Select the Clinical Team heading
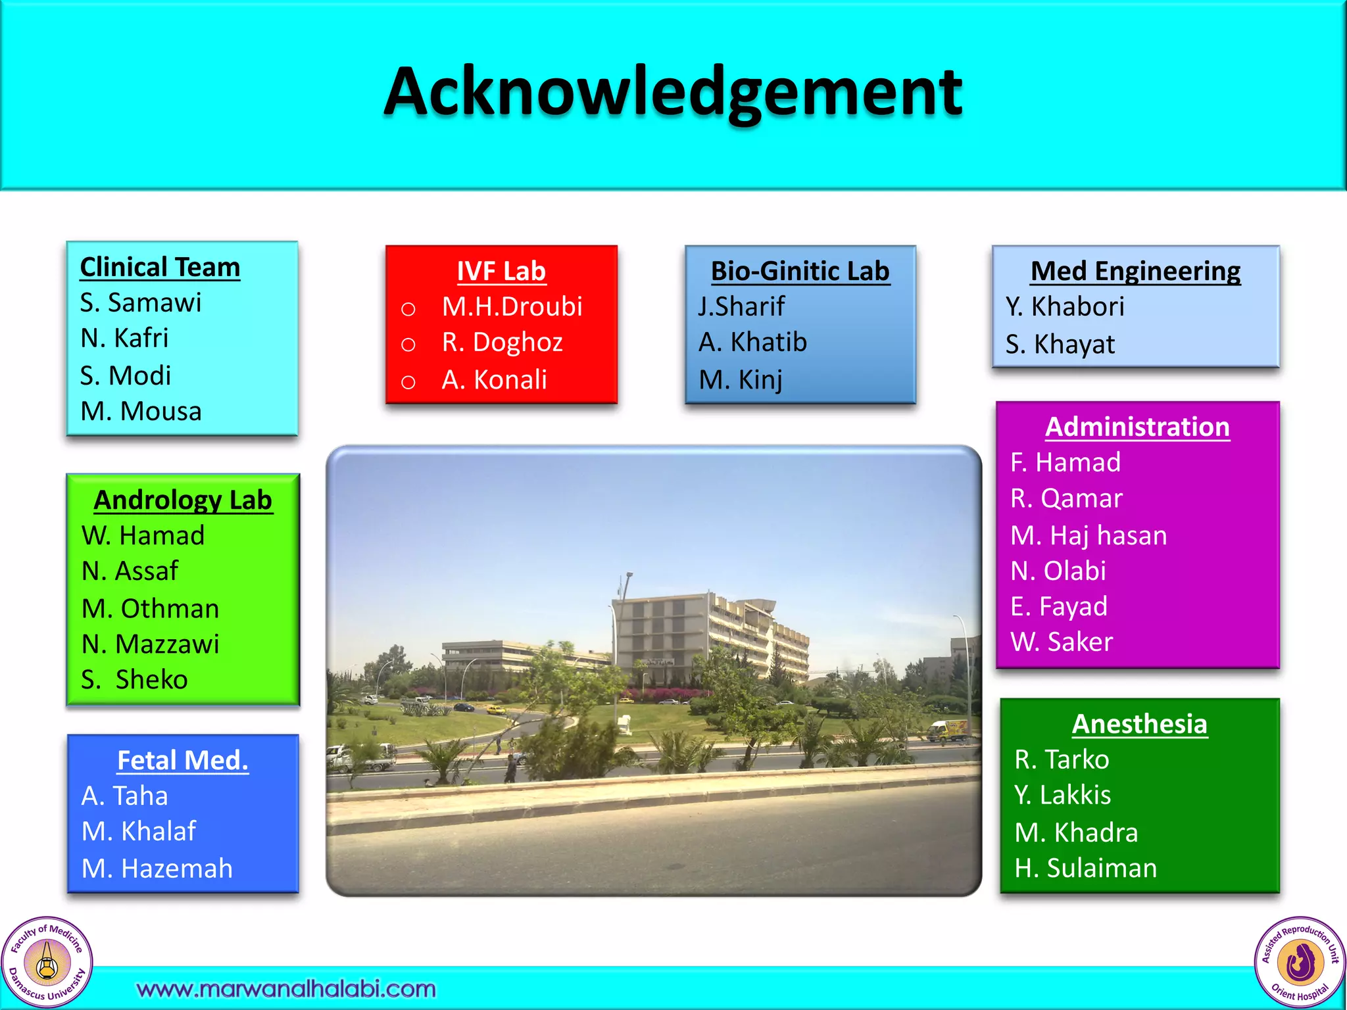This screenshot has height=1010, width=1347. (160, 268)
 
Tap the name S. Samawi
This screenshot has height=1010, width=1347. (140, 303)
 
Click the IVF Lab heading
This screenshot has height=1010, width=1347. (501, 272)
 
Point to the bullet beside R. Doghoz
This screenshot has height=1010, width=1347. (408, 345)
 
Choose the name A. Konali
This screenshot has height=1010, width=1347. (494, 380)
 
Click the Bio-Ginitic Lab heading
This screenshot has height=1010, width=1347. (800, 272)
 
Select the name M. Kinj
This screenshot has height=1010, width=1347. (741, 380)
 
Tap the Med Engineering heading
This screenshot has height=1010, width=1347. (1135, 272)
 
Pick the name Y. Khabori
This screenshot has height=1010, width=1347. (1065, 307)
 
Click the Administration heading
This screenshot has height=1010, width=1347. (1137, 427)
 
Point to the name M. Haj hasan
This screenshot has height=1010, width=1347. (1089, 536)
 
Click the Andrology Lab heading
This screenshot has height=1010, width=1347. (183, 500)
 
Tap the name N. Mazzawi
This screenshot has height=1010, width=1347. (150, 644)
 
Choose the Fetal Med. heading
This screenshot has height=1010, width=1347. (183, 761)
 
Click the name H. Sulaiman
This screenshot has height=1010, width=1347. (1085, 869)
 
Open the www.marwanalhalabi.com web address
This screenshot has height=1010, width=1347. (286, 989)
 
